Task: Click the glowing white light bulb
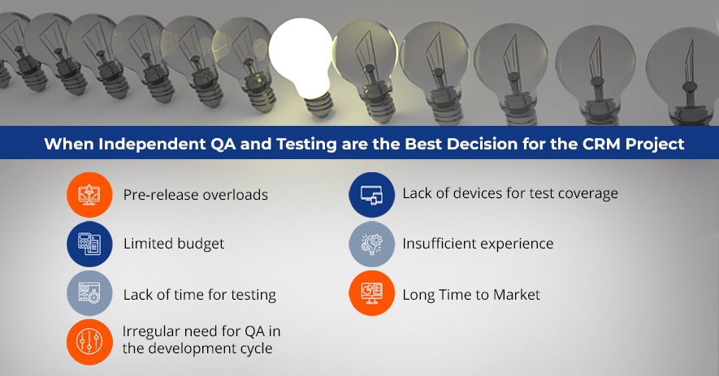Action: coord(301,59)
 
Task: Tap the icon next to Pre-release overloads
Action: coord(89,194)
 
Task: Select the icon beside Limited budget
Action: coord(89,244)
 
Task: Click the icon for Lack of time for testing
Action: coord(89,293)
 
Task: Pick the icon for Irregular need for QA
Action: coord(89,342)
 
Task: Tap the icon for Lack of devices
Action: coord(371,194)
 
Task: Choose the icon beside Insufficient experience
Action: coord(371,244)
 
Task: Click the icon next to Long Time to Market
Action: coord(371,293)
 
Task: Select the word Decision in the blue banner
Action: coord(482,144)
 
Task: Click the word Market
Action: coord(517,294)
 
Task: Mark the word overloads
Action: coord(236,195)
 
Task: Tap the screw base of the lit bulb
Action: coord(318,105)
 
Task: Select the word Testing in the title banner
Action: coord(306,145)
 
